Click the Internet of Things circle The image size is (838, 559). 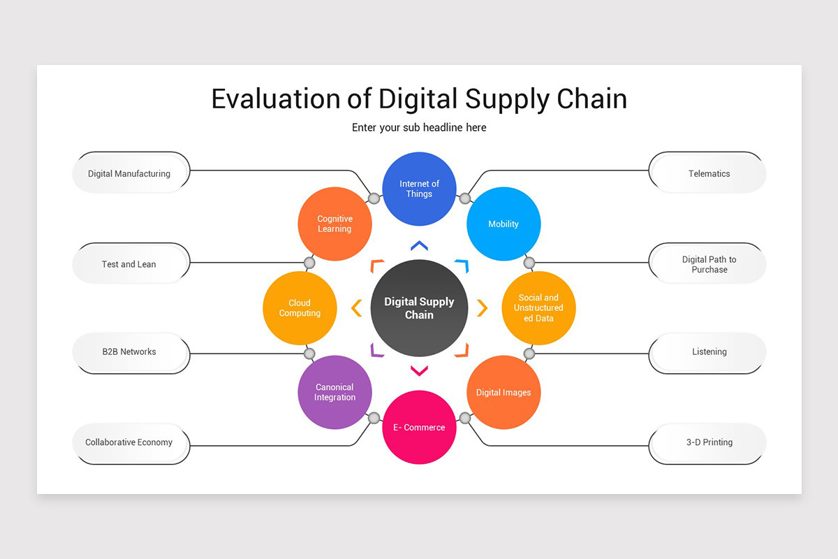(419, 189)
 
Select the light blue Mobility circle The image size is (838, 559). (503, 224)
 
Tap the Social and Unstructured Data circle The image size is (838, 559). (538, 308)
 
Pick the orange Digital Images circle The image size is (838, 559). (503, 392)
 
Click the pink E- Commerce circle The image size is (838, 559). (419, 427)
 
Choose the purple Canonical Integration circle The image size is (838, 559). (335, 392)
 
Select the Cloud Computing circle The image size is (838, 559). (300, 308)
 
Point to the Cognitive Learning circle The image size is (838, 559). (335, 224)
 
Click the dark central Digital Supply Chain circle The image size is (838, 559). (419, 308)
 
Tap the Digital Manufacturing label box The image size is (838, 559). (130, 173)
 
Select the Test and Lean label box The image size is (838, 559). (130, 264)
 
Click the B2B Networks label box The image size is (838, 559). (130, 351)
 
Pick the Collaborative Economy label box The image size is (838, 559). (130, 442)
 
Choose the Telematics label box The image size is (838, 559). (708, 173)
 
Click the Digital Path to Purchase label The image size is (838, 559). (708, 264)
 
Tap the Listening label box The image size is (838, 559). (708, 351)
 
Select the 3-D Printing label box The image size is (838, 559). (708, 442)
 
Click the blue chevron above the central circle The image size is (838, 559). (419, 245)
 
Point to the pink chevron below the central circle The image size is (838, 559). (419, 371)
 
